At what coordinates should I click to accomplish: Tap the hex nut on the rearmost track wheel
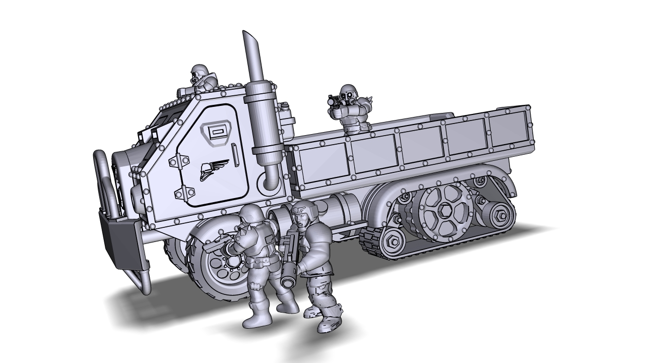pos(498,215)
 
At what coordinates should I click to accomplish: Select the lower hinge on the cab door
pos(184,192)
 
